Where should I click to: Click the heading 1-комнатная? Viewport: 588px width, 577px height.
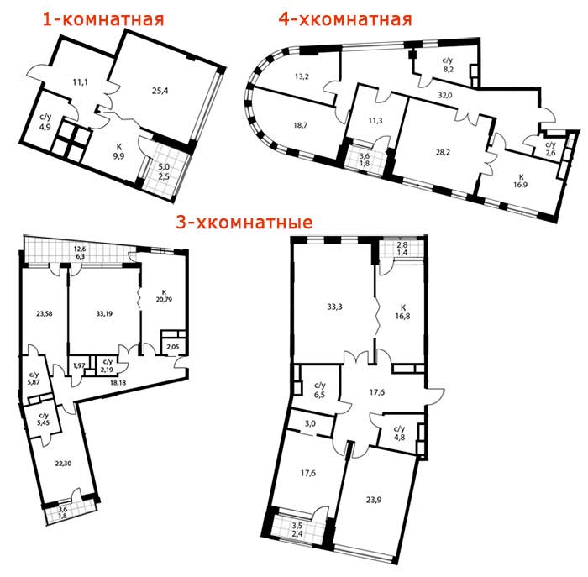click(x=103, y=19)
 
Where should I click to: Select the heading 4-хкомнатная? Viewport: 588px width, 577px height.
click(x=345, y=19)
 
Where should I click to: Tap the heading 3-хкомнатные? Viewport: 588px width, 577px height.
click(x=244, y=223)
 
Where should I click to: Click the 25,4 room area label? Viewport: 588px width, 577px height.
click(x=160, y=91)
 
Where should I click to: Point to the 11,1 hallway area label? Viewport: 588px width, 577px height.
click(x=81, y=81)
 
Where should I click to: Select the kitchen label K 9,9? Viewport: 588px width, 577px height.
click(x=119, y=151)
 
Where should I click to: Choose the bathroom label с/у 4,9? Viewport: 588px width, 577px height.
click(x=45, y=122)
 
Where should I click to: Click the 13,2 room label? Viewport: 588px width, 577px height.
click(x=302, y=76)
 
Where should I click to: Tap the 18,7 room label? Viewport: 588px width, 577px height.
click(x=301, y=125)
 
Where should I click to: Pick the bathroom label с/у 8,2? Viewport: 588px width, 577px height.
click(x=448, y=65)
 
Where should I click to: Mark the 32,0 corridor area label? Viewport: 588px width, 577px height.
click(x=445, y=95)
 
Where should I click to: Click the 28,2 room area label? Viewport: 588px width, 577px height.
click(x=443, y=152)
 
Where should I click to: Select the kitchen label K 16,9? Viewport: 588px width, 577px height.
click(x=521, y=181)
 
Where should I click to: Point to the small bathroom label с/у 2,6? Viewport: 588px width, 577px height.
click(x=550, y=149)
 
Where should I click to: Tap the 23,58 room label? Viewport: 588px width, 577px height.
click(x=45, y=314)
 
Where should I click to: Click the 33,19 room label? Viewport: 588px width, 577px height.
click(x=104, y=313)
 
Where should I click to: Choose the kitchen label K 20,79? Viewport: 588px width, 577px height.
click(x=165, y=296)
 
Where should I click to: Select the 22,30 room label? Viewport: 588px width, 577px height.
click(x=63, y=464)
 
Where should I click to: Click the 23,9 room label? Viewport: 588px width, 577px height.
click(x=374, y=500)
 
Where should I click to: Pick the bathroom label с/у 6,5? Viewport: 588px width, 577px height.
click(x=320, y=390)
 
